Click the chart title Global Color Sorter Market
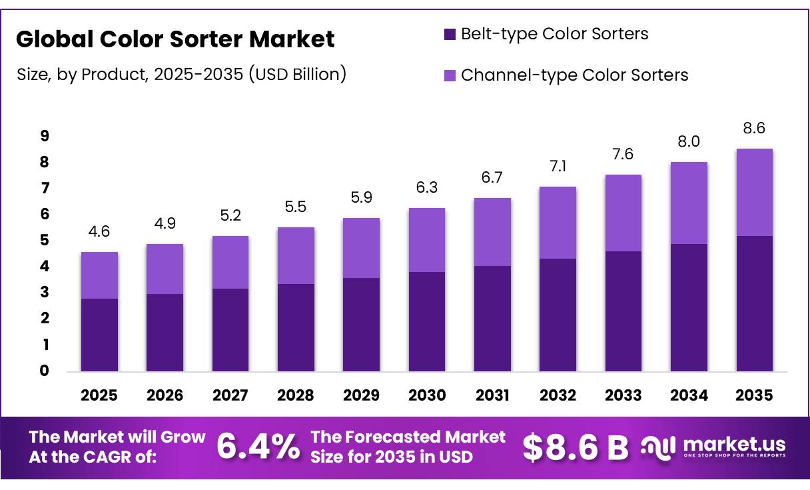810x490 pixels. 175,39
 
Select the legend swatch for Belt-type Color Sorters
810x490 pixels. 450,34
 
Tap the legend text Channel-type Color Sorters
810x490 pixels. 574,75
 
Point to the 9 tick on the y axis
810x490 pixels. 44,136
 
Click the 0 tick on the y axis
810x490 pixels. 44,371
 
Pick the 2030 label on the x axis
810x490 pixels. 426,395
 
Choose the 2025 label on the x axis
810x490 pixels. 99,395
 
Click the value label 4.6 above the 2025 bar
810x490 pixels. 99,232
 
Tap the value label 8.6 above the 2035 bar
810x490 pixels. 754,129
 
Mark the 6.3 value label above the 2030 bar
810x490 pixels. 426,189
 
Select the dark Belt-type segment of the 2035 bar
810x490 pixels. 754,303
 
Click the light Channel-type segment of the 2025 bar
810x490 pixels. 99,275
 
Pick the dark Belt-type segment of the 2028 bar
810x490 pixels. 296,327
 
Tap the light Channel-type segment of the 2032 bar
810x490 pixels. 558,223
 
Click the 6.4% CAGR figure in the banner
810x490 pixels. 258,447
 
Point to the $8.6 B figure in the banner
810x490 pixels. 575,447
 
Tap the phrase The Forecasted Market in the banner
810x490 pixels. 408,437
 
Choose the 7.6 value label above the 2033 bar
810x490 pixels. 623,155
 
